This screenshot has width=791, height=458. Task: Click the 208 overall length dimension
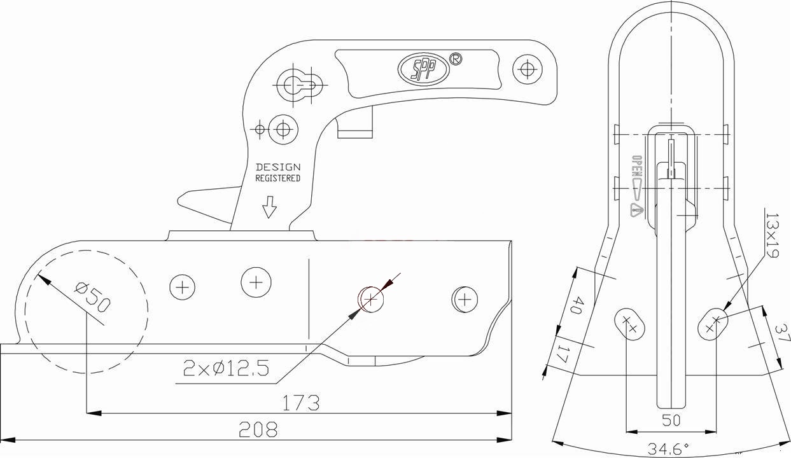tap(258, 430)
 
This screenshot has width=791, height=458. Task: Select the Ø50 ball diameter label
tap(93, 296)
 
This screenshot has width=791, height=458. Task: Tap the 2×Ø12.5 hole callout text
tap(226, 368)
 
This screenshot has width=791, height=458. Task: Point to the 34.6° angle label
tap(668, 449)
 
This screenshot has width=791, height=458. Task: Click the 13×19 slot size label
tap(772, 235)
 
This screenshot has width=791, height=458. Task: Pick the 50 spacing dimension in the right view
tap(671, 420)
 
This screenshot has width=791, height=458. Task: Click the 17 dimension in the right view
tap(562, 354)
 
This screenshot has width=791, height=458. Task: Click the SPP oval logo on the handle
tap(423, 69)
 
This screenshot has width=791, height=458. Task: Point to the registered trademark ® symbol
tap(456, 59)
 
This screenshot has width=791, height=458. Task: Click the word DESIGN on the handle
tap(278, 167)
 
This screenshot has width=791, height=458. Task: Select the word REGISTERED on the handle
tap(278, 179)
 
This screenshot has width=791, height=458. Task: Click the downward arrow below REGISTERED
tap(270, 207)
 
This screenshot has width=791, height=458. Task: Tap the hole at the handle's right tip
tap(527, 68)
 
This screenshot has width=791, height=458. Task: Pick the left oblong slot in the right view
tap(629, 325)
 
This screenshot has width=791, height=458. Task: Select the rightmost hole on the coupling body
tap(465, 299)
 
